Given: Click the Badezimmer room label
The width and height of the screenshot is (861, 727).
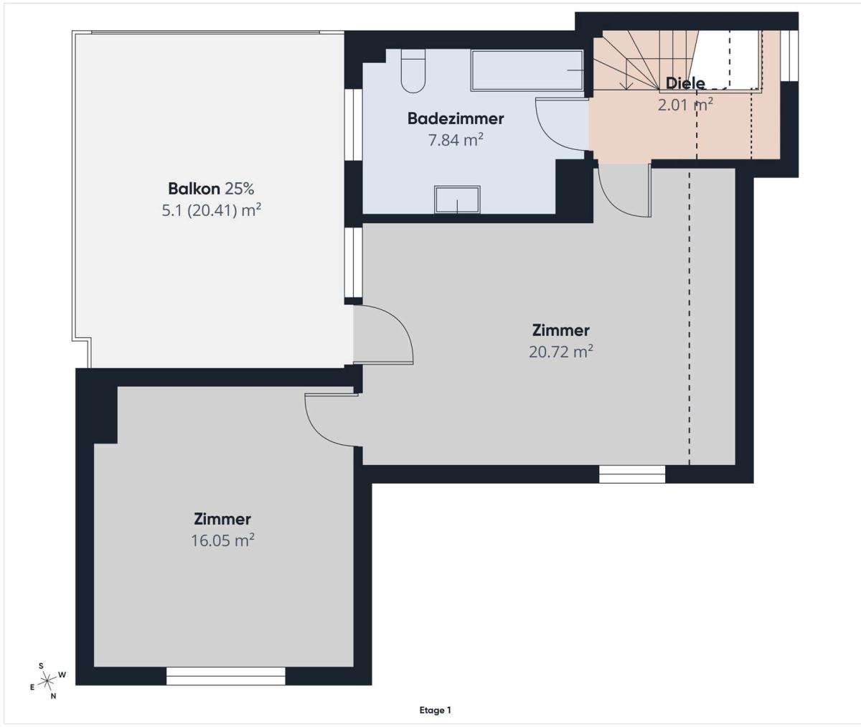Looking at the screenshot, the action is pyautogui.click(x=455, y=119).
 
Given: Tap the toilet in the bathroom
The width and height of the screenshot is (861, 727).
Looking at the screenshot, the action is pyautogui.click(x=413, y=70).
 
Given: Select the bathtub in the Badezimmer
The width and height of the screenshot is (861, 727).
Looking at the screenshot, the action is pyautogui.click(x=527, y=70).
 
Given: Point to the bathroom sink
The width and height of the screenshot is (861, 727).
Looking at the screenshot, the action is pyautogui.click(x=457, y=200).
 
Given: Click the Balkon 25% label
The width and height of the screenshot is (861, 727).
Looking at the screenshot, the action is pyautogui.click(x=211, y=189).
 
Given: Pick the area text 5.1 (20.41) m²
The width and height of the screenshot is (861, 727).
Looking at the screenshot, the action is pyautogui.click(x=211, y=210).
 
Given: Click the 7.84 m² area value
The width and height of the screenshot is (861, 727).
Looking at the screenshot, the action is pyautogui.click(x=455, y=140).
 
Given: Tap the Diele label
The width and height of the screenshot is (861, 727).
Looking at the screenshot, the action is pyautogui.click(x=685, y=83).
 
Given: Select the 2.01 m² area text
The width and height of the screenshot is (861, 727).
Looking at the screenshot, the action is pyautogui.click(x=685, y=105).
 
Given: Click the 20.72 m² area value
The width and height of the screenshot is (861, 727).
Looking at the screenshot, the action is pyautogui.click(x=561, y=352).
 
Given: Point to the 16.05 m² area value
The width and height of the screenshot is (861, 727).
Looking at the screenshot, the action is pyautogui.click(x=222, y=540).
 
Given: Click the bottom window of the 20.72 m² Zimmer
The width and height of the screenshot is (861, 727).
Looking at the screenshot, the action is pyautogui.click(x=631, y=474).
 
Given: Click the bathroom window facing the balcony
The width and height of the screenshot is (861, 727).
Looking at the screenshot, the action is pyautogui.click(x=354, y=124).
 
